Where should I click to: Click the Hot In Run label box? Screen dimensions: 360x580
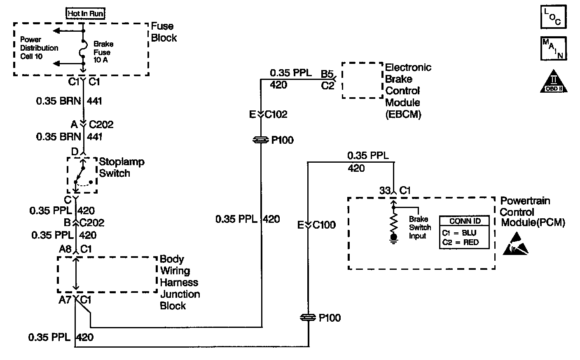85,13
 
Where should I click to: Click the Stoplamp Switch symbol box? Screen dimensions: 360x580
82,175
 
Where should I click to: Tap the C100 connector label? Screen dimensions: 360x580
324,225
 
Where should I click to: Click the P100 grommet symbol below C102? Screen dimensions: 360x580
260,140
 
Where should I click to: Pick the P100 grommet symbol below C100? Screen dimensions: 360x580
308,318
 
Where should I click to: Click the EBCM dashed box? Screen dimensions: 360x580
362,80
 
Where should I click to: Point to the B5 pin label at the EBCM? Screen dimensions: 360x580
327,74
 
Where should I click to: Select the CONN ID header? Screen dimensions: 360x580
465,221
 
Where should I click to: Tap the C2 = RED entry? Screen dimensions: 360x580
461,242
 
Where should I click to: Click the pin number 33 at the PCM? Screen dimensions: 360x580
385,190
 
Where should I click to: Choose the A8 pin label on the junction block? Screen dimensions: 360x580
65,249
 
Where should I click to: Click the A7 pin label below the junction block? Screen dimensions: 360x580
65,300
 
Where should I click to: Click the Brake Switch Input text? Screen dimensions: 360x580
420,227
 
